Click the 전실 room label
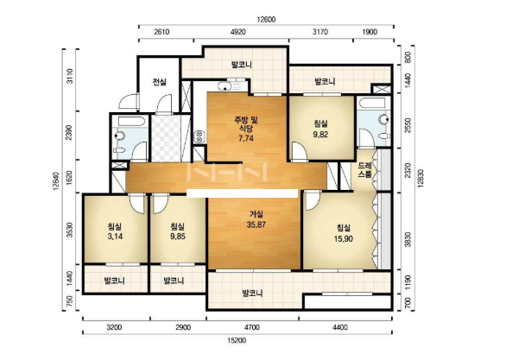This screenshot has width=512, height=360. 160,82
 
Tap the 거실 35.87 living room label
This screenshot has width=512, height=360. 256,219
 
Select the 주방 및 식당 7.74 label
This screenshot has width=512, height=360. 246,129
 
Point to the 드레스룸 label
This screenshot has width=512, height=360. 364,170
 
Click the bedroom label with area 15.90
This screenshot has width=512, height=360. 343,233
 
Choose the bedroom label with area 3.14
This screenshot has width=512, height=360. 115,231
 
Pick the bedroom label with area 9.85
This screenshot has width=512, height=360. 178,231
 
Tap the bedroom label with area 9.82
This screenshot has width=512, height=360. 320,129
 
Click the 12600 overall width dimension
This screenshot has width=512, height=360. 266,20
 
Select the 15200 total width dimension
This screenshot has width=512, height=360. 237,340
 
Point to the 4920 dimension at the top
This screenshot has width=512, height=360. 238,32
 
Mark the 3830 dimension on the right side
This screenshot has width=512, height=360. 408,239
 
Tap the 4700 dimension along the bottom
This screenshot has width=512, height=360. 252,327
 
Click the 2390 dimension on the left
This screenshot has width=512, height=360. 69,132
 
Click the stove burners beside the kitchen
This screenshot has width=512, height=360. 199,136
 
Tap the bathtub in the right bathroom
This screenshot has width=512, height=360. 373,103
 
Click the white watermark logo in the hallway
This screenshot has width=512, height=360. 227,172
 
